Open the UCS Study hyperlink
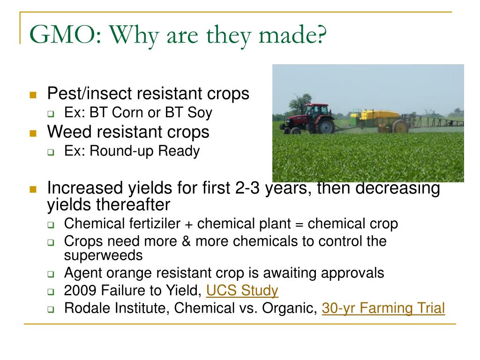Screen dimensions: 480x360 pyautogui.click(x=242, y=290)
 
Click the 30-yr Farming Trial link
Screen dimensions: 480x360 pyautogui.click(x=383, y=308)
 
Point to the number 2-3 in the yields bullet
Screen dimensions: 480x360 pyautogui.click(x=247, y=187)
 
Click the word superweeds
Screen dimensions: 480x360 pyautogui.click(x=103, y=255)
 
